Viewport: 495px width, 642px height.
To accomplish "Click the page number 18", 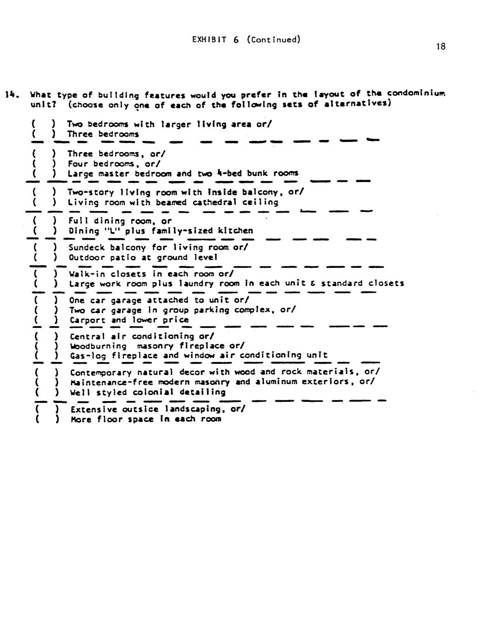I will coord(441,46).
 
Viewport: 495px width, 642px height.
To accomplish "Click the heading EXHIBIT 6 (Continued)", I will coord(246,40).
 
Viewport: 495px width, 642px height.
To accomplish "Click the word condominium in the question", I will coord(416,93).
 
